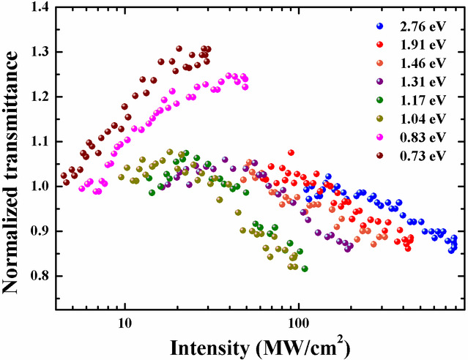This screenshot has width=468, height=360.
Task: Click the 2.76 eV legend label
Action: pos(420,27)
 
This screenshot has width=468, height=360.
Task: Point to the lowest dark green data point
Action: pos(305,269)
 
